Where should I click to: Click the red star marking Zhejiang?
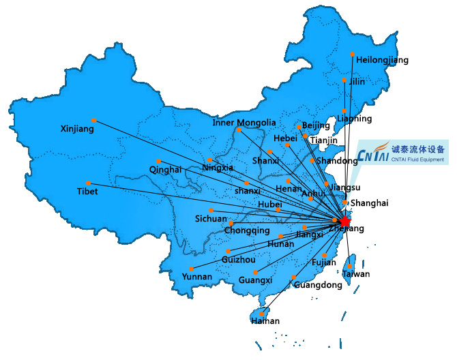(344, 221)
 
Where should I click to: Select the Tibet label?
(87, 192)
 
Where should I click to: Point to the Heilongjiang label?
(382, 60)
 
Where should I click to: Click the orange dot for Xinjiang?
(94, 120)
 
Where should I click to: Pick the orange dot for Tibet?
(88, 183)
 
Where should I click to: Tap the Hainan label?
(265, 320)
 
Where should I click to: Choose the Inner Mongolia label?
(244, 123)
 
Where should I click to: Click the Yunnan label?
(196, 276)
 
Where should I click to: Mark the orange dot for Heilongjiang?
(352, 54)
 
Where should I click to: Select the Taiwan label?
(356, 274)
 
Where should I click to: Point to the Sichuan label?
(211, 219)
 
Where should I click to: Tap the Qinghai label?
(165, 169)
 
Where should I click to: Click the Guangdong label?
(318, 285)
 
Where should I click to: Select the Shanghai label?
(369, 202)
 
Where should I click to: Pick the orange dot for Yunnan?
(192, 269)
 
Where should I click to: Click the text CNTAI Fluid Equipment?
(417, 160)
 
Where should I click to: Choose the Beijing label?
(315, 125)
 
